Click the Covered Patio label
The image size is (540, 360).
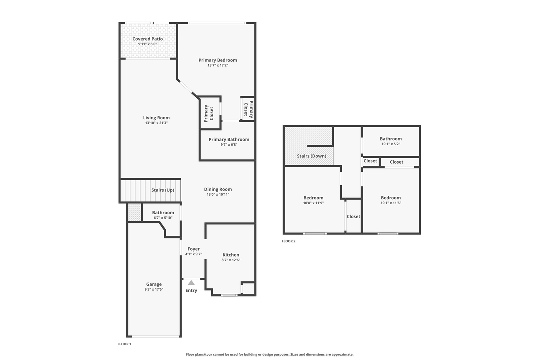(x=147, y=39)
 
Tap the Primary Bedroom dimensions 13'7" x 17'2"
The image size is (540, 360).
(x=218, y=65)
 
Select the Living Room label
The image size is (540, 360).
(x=156, y=118)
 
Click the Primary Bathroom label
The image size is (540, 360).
(x=229, y=139)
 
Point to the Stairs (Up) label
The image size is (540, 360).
(x=163, y=190)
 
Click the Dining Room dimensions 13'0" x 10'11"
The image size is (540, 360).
(x=218, y=194)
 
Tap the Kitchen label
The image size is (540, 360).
(x=231, y=255)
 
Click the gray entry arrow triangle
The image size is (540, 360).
(x=191, y=283)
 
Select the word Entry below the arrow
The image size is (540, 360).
(x=191, y=290)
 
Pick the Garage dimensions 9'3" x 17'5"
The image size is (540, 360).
(x=154, y=289)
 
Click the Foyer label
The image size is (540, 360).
(x=193, y=249)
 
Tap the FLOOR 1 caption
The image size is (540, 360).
(x=124, y=344)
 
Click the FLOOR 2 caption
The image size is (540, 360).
(x=289, y=241)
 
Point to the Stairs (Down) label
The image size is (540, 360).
(x=311, y=156)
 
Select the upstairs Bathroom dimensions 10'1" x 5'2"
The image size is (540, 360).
(x=390, y=144)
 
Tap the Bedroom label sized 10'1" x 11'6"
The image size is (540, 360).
(x=390, y=198)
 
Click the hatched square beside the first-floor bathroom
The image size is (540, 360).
(x=134, y=213)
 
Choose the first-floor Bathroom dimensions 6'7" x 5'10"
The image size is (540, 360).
(x=163, y=217)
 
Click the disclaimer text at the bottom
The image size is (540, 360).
(x=269, y=354)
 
